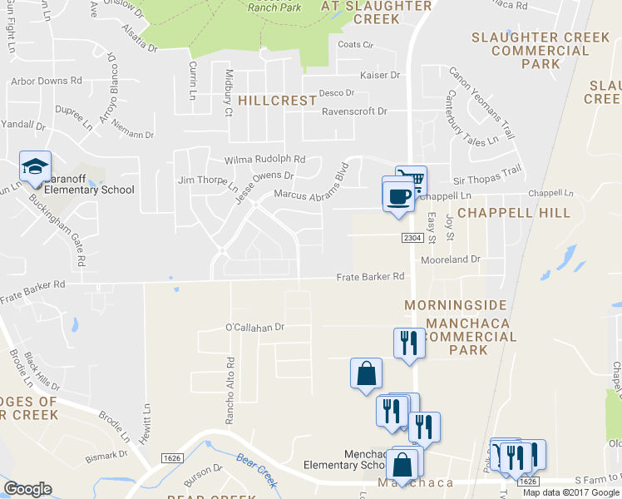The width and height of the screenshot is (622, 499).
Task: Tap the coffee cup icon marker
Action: click(399, 196)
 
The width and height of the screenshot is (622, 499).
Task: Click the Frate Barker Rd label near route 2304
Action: click(370, 276)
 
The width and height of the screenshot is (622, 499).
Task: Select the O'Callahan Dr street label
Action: click(255, 328)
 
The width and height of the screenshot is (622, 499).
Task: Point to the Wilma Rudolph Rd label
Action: click(265, 160)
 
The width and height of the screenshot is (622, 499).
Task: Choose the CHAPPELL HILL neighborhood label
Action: click(514, 213)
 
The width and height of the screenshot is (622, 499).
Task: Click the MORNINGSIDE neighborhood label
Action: click(455, 305)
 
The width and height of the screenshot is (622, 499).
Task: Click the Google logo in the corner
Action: click(27, 489)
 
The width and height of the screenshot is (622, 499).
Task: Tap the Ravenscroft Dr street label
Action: click(354, 111)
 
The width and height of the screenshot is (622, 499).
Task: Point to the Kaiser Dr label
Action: click(380, 75)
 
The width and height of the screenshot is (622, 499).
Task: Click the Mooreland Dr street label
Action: click(451, 259)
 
